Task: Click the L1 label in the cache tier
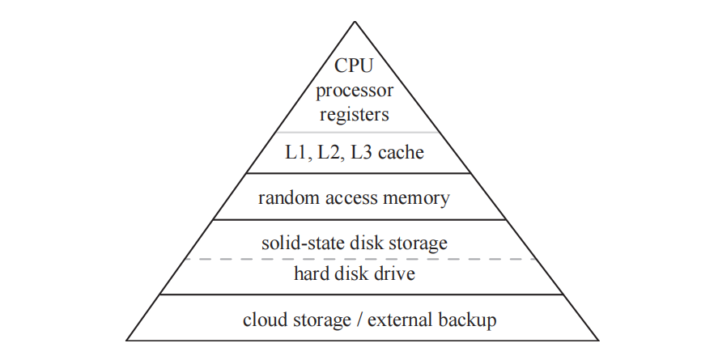(x=297, y=152)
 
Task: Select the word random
(x=285, y=197)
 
